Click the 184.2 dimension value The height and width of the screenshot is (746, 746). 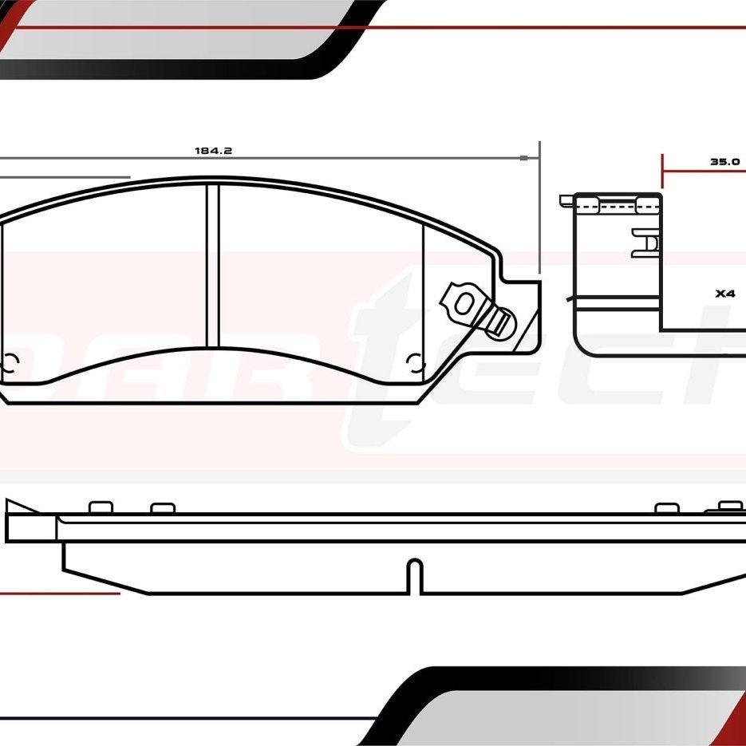[207, 150]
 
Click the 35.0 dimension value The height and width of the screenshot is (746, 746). [725, 161]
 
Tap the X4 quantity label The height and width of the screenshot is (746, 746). [724, 294]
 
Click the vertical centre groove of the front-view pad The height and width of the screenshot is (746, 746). [212, 263]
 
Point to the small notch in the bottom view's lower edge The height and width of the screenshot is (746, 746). [414, 576]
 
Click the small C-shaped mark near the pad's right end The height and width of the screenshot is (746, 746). [413, 363]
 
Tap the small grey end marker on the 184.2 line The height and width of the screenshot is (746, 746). [523, 158]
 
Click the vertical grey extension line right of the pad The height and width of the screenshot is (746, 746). [540, 207]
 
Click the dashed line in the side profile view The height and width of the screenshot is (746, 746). [618, 207]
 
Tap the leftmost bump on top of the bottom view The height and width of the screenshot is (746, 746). [100, 507]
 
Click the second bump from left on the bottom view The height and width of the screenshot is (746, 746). [162, 507]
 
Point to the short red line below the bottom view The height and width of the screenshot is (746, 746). [60, 593]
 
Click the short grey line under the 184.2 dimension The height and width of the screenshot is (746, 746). [64, 177]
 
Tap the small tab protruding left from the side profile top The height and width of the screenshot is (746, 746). [566, 199]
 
